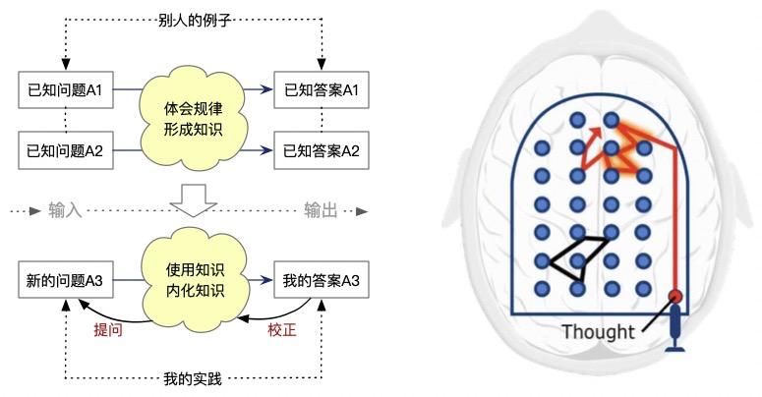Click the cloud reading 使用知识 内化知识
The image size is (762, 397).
click(x=193, y=278)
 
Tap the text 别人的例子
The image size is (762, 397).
click(x=192, y=21)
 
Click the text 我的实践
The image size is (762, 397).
click(x=193, y=377)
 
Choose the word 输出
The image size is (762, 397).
click(x=321, y=209)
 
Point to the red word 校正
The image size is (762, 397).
click(x=280, y=329)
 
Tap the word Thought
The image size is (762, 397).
click(x=598, y=332)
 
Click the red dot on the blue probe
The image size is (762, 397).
click(x=675, y=297)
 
